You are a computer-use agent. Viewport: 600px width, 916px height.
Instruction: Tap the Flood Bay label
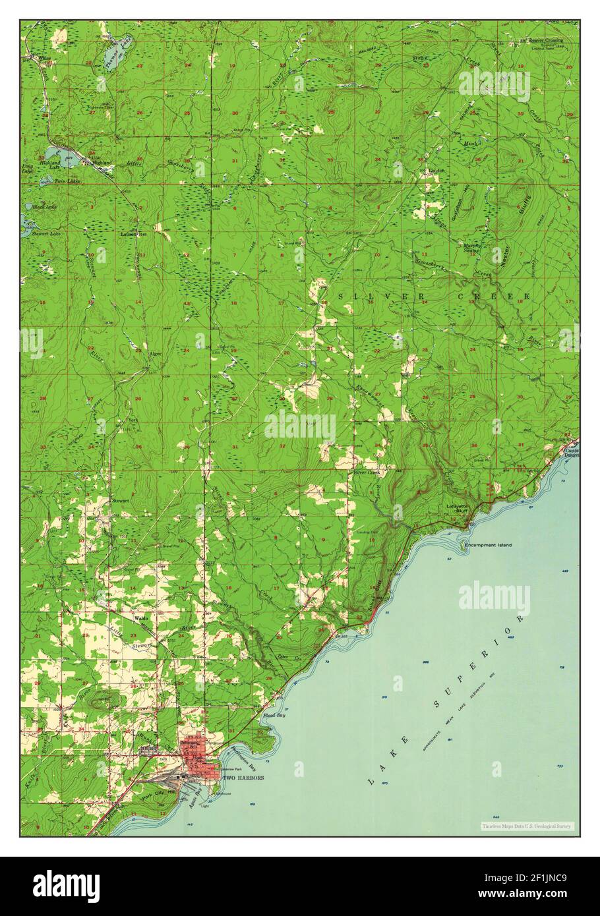click(274, 715)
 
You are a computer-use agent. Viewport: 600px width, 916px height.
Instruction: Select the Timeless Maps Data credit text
click(527, 826)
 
